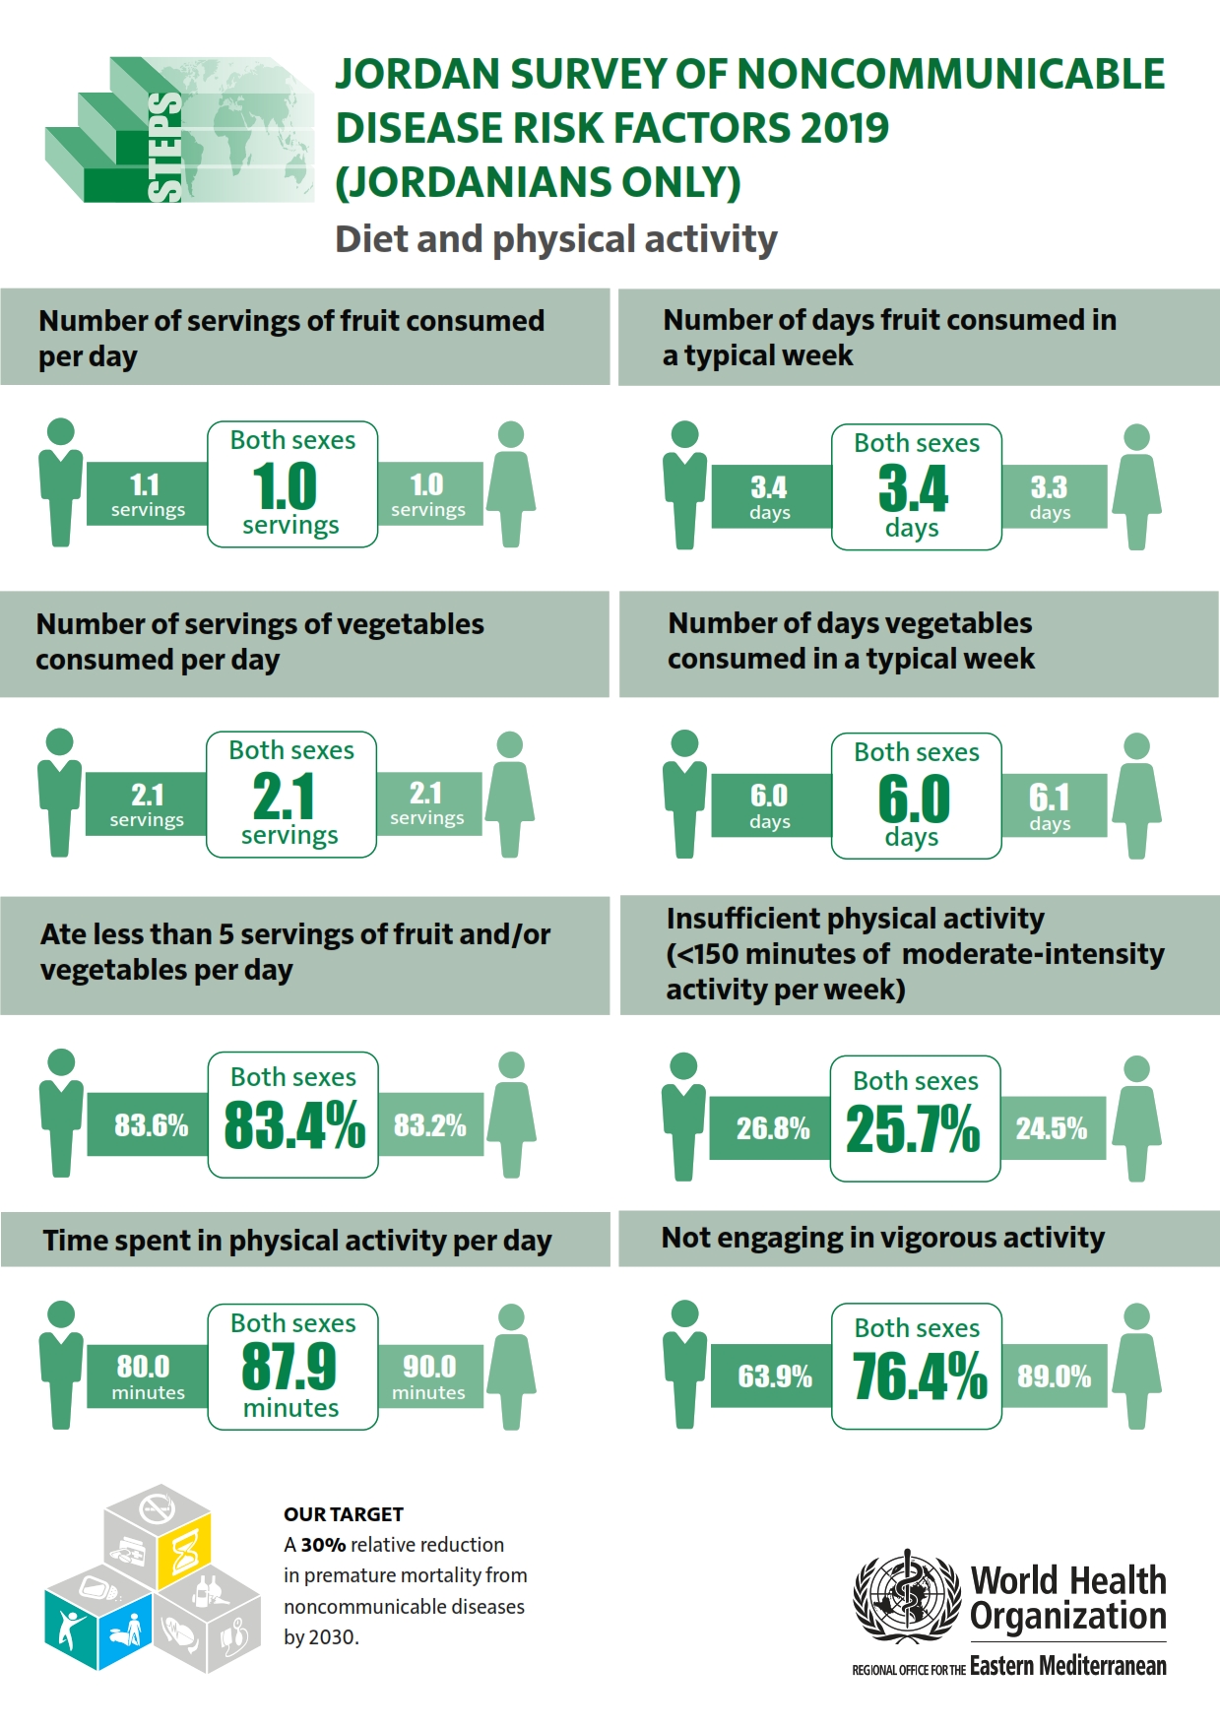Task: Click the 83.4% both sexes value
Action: pyautogui.click(x=293, y=1125)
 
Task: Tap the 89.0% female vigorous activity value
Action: pyautogui.click(x=1054, y=1375)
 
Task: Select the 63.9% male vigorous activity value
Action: pyautogui.click(x=774, y=1375)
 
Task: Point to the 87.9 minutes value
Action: pyautogui.click(x=289, y=1367)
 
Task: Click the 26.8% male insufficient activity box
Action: pyautogui.click(x=772, y=1128)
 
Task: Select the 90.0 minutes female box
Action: pyautogui.click(x=429, y=1375)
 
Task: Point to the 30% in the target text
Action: pyautogui.click(x=323, y=1545)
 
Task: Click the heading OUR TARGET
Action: pyautogui.click(x=344, y=1514)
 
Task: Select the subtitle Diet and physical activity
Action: pyautogui.click(x=556, y=239)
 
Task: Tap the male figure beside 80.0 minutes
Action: pyautogui.click(x=61, y=1364)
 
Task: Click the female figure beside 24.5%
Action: pyautogui.click(x=1136, y=1118)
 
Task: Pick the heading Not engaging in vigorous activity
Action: pyautogui.click(x=882, y=1238)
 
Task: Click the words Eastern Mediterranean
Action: pyautogui.click(x=1067, y=1666)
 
